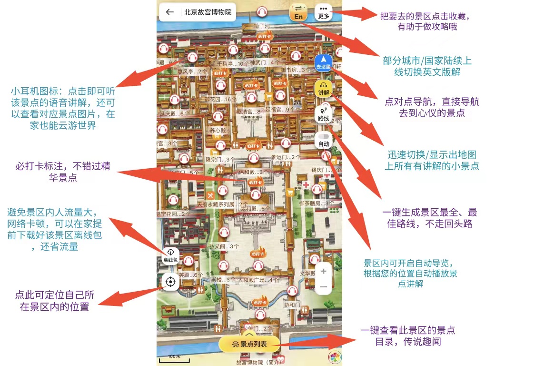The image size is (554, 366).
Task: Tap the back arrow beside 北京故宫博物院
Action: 169,12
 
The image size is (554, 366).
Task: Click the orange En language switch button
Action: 298,12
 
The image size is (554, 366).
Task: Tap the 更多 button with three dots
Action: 324,12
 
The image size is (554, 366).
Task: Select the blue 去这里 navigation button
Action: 324,62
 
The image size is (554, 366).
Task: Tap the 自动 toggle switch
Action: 324,140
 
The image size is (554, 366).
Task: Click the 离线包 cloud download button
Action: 170,255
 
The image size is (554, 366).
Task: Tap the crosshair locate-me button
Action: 170,282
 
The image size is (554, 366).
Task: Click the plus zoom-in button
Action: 324,271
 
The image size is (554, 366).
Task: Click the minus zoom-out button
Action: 324,287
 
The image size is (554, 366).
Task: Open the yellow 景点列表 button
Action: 249,344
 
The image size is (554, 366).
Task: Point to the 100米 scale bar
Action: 174,359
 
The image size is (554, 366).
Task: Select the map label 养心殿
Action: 218,130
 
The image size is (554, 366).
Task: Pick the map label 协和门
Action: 292,305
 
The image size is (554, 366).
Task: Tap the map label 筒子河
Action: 262,26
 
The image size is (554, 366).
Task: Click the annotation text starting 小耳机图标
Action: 63,108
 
